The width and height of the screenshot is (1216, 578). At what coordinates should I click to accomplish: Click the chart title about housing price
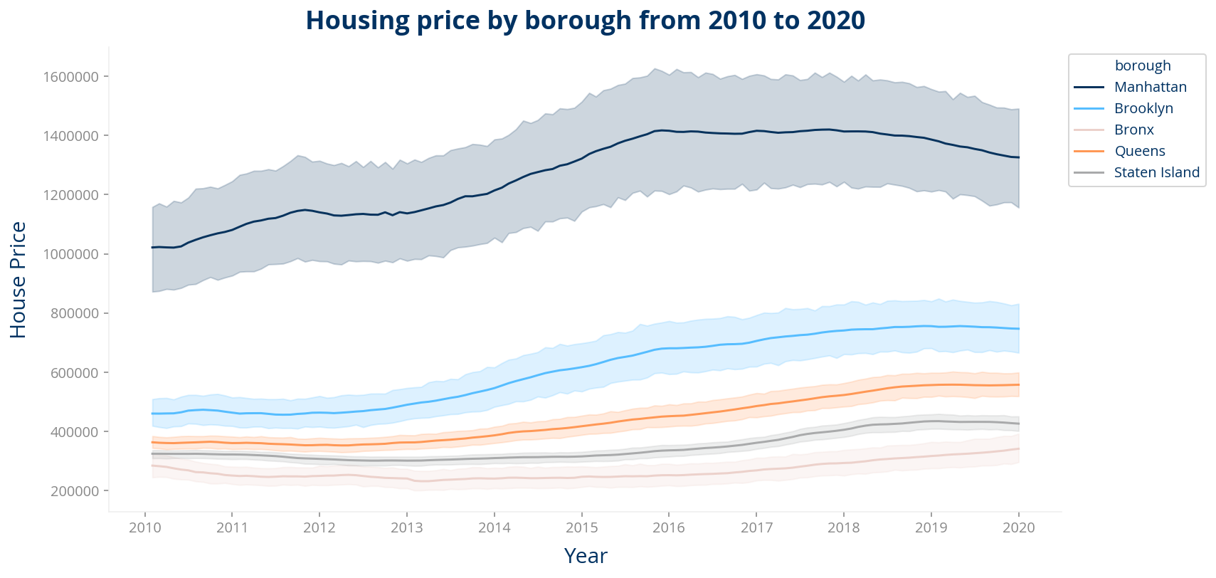tap(585, 21)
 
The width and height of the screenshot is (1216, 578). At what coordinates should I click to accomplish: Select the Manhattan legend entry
tap(1150, 87)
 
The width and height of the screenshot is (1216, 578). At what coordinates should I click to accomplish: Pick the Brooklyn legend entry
tap(1143, 108)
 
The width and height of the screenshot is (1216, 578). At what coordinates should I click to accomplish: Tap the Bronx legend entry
tap(1133, 130)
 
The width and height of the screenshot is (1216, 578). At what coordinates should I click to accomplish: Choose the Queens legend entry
tap(1139, 151)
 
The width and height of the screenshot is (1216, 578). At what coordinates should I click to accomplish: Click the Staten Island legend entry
tap(1156, 172)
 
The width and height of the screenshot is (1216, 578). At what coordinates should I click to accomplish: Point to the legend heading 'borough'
tap(1142, 65)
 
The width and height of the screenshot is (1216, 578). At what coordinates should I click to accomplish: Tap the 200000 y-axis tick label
tap(74, 491)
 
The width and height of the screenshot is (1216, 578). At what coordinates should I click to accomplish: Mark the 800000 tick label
tap(74, 313)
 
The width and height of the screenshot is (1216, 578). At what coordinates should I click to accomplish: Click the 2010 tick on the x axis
tap(145, 527)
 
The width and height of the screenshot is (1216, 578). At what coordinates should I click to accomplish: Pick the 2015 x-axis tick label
tap(581, 527)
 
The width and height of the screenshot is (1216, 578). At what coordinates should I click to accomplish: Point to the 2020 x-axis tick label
tap(1018, 527)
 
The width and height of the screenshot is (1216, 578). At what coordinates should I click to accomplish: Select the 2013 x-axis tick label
tap(407, 527)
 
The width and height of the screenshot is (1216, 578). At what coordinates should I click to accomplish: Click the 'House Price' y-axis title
tap(18, 280)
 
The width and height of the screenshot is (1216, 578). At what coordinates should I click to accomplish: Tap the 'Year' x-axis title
tap(585, 556)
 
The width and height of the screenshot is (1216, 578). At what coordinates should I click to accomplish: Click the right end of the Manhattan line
tap(1019, 157)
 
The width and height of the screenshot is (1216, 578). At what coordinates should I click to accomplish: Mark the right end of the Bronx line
tap(1019, 448)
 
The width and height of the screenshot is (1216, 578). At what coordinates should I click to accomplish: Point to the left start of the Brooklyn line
tap(152, 414)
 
